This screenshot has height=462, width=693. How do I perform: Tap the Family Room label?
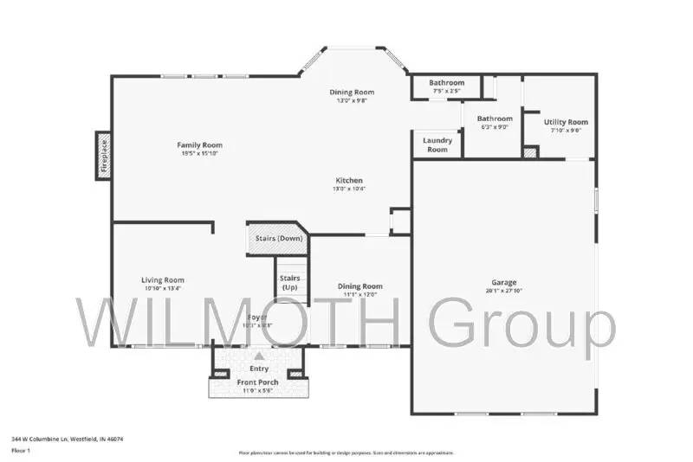pos(199,145)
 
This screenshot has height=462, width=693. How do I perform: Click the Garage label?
pos(504,282)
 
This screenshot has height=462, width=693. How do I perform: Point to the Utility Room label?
pos(566,122)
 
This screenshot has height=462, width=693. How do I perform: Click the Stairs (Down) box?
pos(278,239)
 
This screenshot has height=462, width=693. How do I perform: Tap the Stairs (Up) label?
pos(289,282)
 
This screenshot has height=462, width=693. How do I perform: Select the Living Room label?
pos(163,279)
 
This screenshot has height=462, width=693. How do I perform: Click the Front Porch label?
pos(256,382)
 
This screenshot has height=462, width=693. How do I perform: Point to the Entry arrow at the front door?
pos(258,356)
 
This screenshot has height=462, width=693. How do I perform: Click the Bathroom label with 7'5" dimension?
pos(446,83)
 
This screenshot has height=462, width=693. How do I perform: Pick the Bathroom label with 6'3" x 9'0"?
pos(495,119)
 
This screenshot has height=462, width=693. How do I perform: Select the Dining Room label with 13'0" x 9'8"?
pos(352,92)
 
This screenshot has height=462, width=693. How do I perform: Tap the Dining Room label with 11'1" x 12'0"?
pos(359,286)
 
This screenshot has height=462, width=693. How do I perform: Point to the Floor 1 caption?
pos(21,451)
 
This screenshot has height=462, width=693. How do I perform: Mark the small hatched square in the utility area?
pos(531,152)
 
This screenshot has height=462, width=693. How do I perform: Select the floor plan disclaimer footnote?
pos(346,452)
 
